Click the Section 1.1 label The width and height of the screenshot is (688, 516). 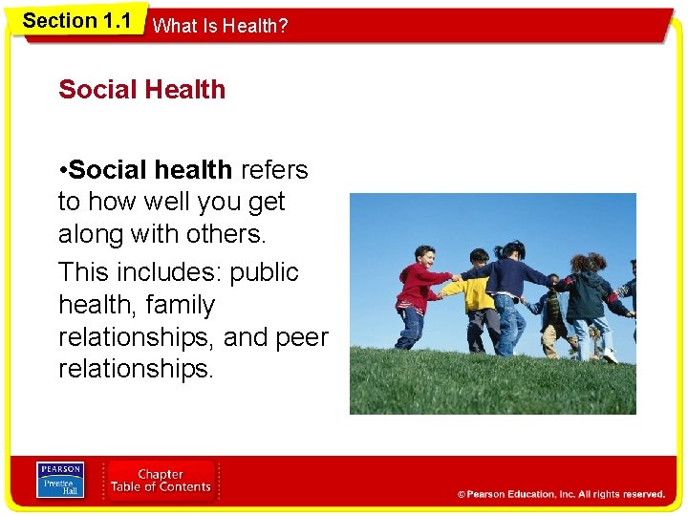click(x=76, y=20)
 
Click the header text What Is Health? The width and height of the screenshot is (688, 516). click(x=220, y=27)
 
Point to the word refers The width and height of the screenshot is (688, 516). click(x=274, y=170)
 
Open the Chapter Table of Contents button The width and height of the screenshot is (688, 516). click(x=161, y=481)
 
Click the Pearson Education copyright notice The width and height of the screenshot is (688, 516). click(x=561, y=494)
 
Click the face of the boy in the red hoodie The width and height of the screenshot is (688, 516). click(x=426, y=256)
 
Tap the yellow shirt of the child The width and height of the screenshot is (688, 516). click(x=479, y=292)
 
